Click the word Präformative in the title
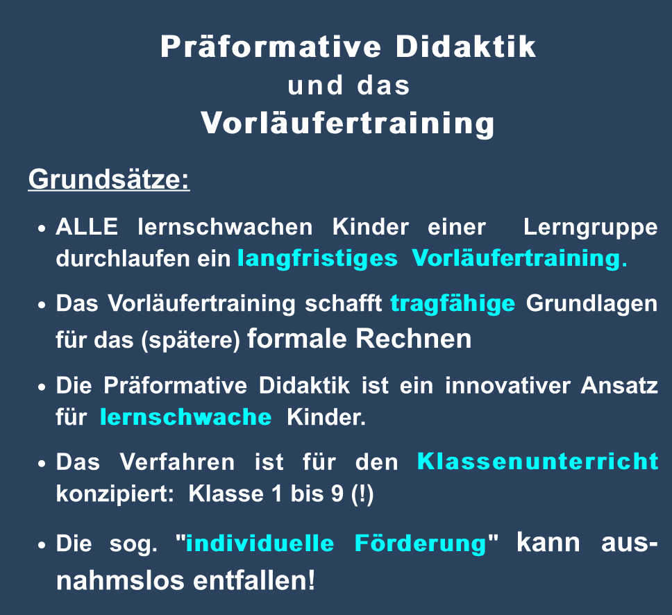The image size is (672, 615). point(271,47)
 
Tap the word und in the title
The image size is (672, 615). point(315,85)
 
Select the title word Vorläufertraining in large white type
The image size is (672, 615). point(348,124)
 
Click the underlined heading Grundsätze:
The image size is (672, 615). point(109,179)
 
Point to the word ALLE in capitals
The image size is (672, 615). point(87,227)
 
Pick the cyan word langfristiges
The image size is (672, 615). point(317,259)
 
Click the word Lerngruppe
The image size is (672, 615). point(590,228)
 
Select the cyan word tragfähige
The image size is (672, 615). point(453,304)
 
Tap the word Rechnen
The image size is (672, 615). point(414,339)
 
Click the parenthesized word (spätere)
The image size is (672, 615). point(191,341)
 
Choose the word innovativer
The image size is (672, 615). point(507,385)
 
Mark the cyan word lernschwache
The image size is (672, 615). point(185,417)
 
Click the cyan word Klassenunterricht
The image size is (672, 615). point(537,462)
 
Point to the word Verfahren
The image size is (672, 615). point(177,462)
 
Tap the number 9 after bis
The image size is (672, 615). point(337,494)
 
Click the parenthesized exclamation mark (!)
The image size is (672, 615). point(362,495)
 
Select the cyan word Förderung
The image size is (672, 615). point(421,544)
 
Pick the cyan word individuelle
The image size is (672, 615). point(260,544)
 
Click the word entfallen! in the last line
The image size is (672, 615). point(254,581)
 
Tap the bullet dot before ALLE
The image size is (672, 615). point(42,228)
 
